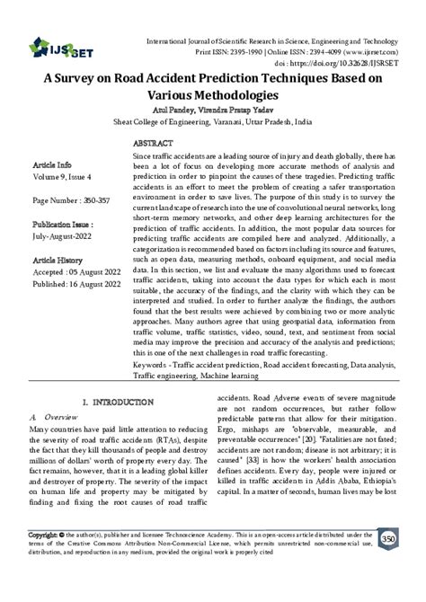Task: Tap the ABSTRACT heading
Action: [x=154, y=143]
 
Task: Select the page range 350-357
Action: [x=102, y=199]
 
